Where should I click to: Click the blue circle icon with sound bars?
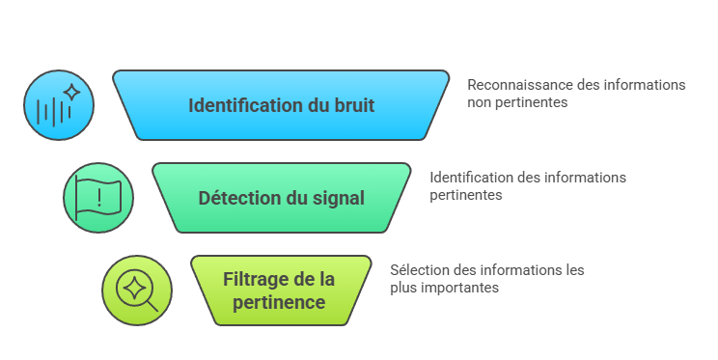(59, 103)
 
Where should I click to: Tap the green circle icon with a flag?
(97, 197)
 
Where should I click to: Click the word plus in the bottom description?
(403, 287)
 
